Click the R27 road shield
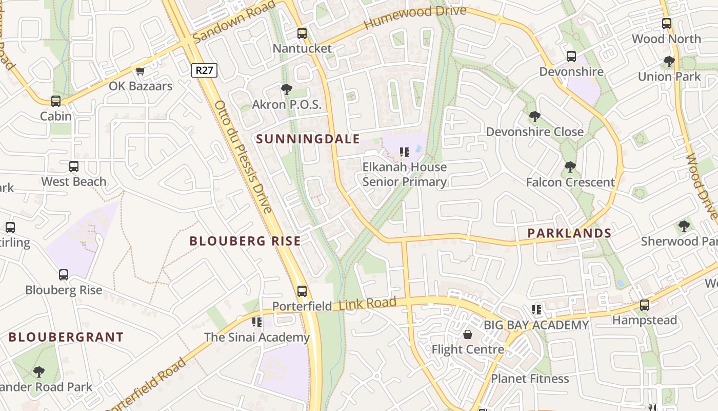click(x=204, y=70)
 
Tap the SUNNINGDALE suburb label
click(x=301, y=139)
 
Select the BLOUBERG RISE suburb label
click(x=245, y=241)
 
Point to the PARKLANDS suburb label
click(x=569, y=233)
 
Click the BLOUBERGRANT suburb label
click(x=66, y=338)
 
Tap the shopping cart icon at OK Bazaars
click(x=140, y=71)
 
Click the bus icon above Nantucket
click(x=302, y=33)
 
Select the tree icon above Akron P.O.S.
click(x=286, y=89)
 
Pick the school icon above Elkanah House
click(x=404, y=152)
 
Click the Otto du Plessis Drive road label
click(x=243, y=157)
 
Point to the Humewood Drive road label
click(x=415, y=18)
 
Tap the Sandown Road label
click(x=234, y=22)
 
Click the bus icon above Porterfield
click(x=302, y=291)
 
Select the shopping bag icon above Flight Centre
click(x=468, y=335)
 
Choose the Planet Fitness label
click(x=530, y=379)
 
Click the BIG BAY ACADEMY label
click(x=536, y=325)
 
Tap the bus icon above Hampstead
click(x=645, y=305)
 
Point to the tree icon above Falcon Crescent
click(x=570, y=167)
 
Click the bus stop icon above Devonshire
click(x=571, y=57)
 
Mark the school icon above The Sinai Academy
click(x=257, y=322)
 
